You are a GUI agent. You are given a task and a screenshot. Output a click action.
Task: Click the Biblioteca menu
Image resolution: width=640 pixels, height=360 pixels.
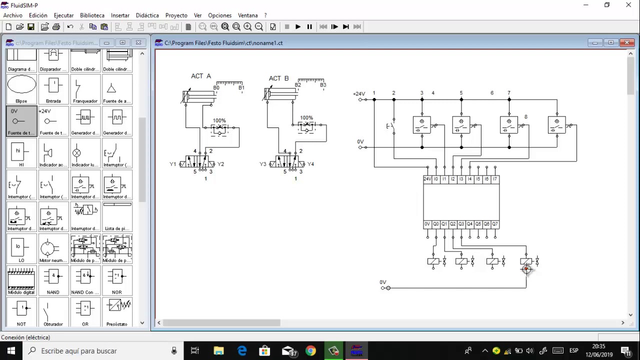pyautogui.click(x=92, y=15)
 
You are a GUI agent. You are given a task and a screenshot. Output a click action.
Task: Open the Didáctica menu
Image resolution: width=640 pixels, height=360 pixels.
pyautogui.click(x=147, y=15)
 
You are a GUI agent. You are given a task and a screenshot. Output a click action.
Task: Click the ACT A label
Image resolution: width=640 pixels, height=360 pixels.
pyautogui.click(x=201, y=76)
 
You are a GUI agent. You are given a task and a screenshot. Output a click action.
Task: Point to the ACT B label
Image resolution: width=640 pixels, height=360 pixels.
pyautogui.click(x=278, y=78)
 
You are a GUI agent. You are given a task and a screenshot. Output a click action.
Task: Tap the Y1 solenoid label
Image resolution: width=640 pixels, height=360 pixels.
pyautogui.click(x=173, y=164)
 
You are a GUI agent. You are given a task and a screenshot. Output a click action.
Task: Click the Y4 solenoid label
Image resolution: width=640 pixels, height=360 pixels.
pyautogui.click(x=310, y=164)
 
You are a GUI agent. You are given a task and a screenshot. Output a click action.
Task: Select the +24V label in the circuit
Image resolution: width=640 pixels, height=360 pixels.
pyautogui.click(x=358, y=94)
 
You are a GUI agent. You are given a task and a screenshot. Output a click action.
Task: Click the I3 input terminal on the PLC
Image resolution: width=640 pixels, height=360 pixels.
pyautogui.click(x=461, y=179)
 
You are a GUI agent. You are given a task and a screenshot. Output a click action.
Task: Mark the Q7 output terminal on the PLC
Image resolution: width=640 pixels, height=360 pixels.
pyautogui.click(x=494, y=224)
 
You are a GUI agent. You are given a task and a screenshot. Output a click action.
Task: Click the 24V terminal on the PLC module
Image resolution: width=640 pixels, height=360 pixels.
pyautogui.click(x=427, y=179)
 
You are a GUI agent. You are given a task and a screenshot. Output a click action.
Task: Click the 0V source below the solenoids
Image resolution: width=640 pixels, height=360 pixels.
pyautogui.click(x=386, y=288)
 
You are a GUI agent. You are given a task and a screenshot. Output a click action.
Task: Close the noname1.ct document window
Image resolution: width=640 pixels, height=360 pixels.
pyautogui.click(x=626, y=43)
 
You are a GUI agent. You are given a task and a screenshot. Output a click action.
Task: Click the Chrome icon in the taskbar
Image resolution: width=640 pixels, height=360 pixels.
pyautogui.click(x=310, y=351)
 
